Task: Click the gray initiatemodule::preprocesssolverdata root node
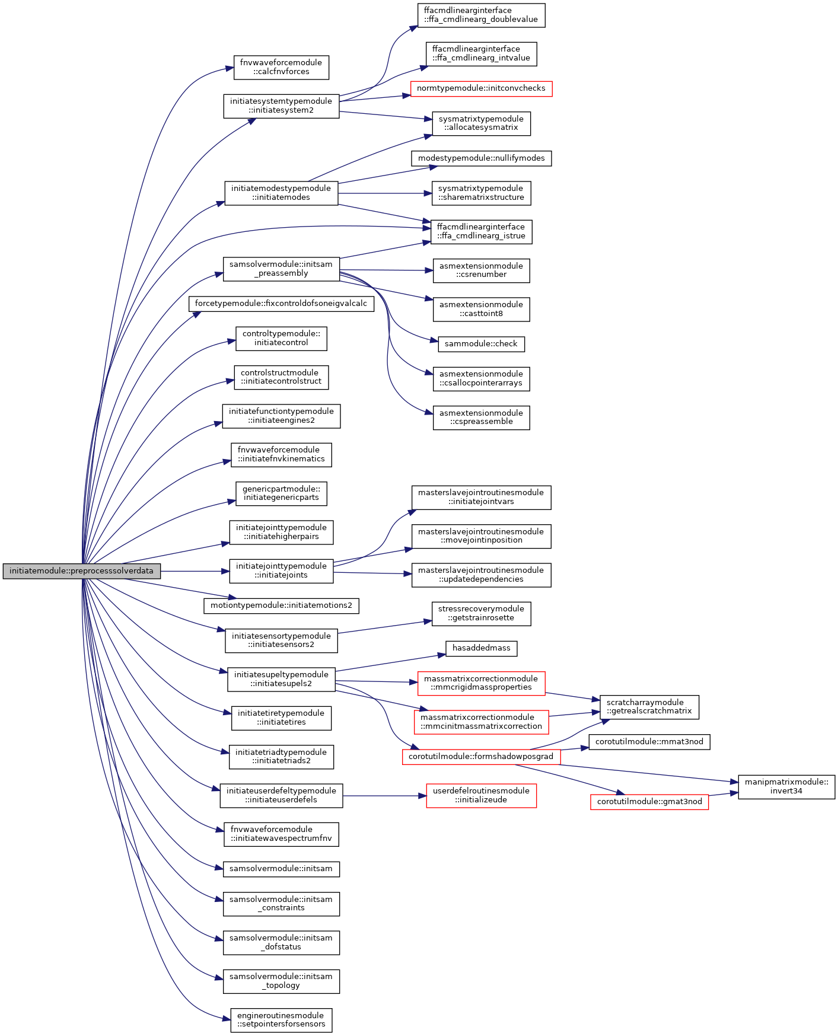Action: click(82, 571)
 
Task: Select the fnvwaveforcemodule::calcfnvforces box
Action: click(281, 67)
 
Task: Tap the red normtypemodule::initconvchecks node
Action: click(481, 88)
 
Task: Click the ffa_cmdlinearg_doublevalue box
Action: click(481, 15)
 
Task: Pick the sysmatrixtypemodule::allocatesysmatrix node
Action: click(481, 123)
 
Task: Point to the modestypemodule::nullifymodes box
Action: click(481, 158)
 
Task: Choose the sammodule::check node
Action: click(481, 343)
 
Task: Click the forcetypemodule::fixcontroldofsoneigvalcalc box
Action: click(281, 304)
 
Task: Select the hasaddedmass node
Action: click(481, 648)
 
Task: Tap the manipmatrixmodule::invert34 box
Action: click(786, 786)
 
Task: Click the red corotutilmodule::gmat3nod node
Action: click(649, 802)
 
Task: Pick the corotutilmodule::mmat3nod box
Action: click(649, 742)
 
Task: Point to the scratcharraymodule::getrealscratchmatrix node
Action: click(649, 707)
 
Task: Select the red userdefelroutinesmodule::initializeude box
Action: click(481, 795)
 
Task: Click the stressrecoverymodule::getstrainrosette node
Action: click(481, 613)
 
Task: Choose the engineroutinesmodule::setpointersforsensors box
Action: click(281, 1020)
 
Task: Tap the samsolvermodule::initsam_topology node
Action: click(281, 981)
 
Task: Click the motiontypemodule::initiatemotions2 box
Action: click(281, 605)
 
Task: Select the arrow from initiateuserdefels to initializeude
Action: click(384, 795)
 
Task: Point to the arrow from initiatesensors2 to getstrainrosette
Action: click(384, 627)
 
